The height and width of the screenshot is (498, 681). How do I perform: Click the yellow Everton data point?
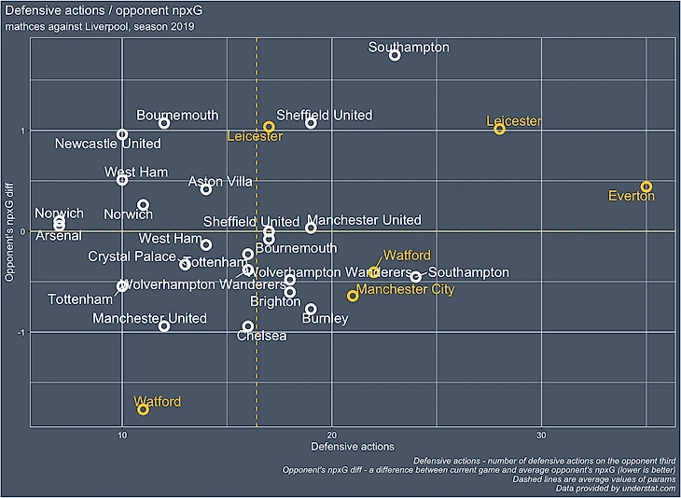tap(646, 187)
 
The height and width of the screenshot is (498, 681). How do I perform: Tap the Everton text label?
tap(632, 197)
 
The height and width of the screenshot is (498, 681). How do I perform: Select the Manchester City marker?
tap(353, 296)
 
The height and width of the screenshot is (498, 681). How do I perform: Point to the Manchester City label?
tap(406, 290)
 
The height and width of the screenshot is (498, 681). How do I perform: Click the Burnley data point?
tap(311, 309)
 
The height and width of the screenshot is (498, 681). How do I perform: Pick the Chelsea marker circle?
tap(248, 326)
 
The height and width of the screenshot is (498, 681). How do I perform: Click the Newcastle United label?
tap(107, 144)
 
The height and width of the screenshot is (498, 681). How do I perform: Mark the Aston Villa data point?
tap(206, 189)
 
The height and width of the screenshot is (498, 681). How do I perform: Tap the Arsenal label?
tap(59, 236)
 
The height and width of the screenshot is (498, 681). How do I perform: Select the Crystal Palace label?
tap(132, 256)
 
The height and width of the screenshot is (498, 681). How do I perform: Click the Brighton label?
tap(275, 302)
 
